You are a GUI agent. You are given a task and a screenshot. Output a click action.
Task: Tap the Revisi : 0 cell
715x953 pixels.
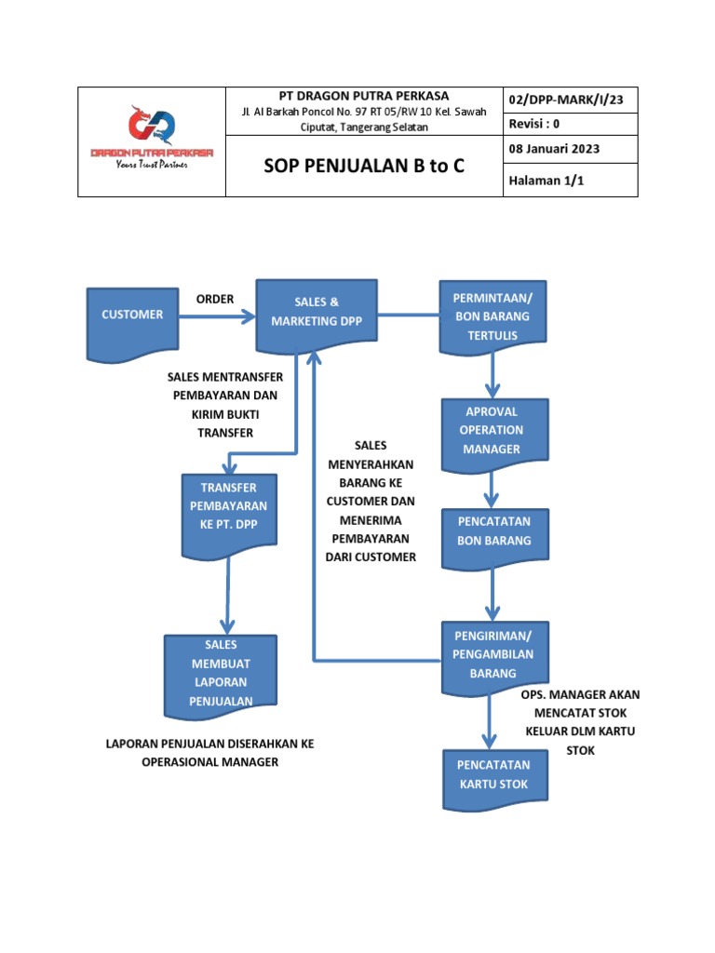(535, 123)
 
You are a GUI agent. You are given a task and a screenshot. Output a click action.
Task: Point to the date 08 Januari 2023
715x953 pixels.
(554, 149)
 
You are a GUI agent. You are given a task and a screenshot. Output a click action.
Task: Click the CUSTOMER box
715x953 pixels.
(132, 315)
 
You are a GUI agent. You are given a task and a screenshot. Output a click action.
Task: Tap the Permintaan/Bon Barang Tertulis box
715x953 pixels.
(492, 316)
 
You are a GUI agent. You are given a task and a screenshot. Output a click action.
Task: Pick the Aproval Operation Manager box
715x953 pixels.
(492, 430)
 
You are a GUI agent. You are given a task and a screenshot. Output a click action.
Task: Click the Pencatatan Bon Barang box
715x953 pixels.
(493, 530)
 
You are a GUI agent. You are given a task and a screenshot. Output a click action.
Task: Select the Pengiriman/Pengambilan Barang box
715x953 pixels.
(492, 655)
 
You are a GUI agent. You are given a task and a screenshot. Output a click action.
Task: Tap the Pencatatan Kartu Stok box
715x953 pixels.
(492, 775)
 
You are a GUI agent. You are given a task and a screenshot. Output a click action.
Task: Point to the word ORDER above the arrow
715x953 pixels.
(215, 299)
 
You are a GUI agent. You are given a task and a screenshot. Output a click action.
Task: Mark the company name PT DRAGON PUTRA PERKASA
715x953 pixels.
(364, 96)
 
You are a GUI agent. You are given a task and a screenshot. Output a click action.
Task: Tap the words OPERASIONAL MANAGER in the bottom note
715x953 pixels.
(209, 762)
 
